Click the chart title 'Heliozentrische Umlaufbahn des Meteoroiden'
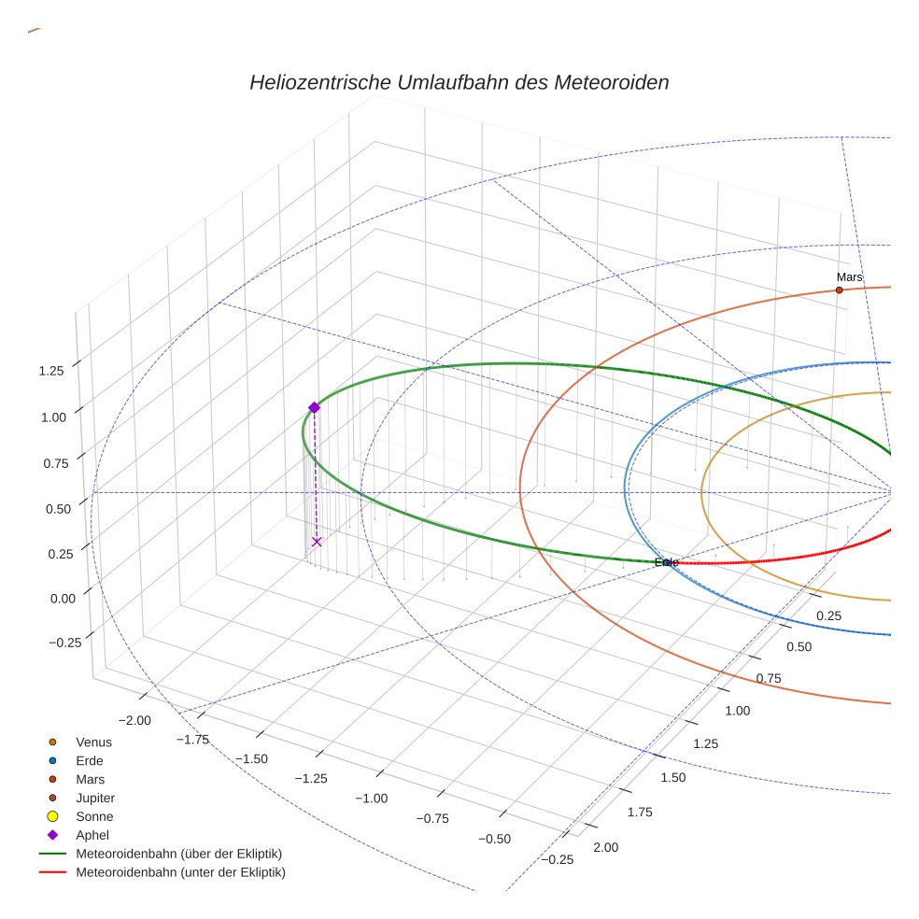(459, 82)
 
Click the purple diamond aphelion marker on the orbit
(314, 407)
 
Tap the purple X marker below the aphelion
(317, 542)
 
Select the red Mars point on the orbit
(839, 290)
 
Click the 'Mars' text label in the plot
(849, 277)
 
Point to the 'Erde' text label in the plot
(666, 562)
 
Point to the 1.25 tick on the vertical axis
(51, 371)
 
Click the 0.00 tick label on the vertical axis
(51, 598)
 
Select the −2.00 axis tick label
(136, 720)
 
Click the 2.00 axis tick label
(605, 847)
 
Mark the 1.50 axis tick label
(672, 777)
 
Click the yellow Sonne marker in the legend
(52, 817)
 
